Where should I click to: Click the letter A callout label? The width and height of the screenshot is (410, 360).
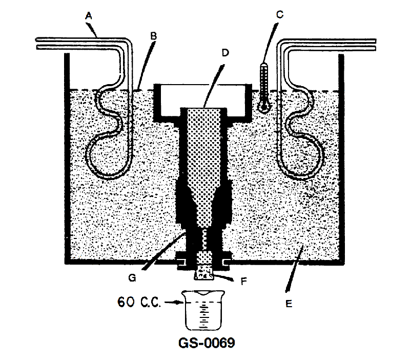(x=89, y=16)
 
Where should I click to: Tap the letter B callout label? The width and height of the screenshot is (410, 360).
(x=153, y=36)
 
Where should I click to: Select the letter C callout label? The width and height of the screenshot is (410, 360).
(x=280, y=15)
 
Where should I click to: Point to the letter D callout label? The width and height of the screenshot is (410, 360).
(x=225, y=53)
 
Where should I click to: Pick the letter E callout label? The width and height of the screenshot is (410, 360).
(x=289, y=304)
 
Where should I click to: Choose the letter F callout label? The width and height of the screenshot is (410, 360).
(x=244, y=281)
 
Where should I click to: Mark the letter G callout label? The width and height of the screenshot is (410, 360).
(x=132, y=277)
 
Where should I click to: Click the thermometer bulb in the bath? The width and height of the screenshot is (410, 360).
(x=264, y=107)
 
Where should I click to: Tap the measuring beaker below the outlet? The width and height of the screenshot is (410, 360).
(x=203, y=310)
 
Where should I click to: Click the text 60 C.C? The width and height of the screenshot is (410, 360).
(x=138, y=302)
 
